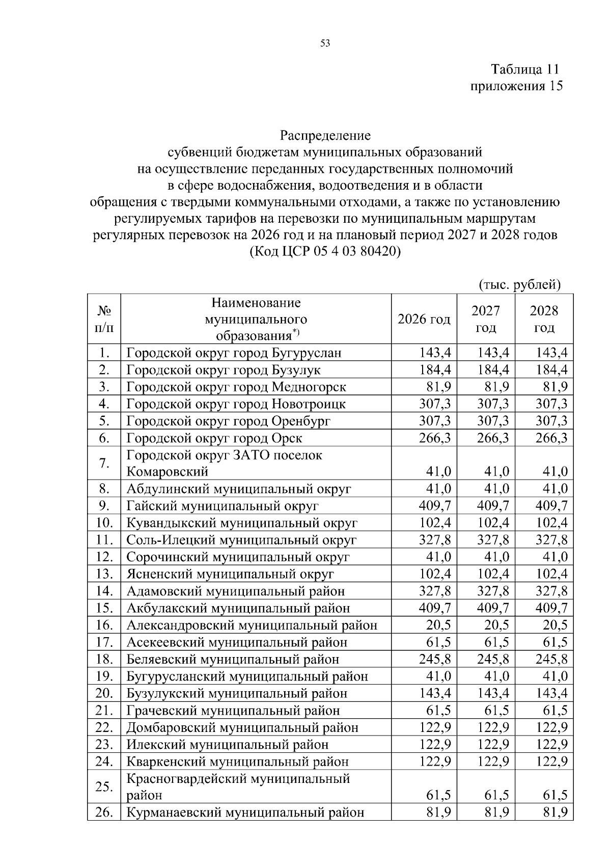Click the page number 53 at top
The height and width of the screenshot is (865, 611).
tap(325, 43)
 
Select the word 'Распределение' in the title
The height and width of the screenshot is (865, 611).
tap(325, 136)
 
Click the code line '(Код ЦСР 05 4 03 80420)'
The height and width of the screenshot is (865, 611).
tap(325, 252)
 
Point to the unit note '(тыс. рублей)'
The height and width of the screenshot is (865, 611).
tap(520, 284)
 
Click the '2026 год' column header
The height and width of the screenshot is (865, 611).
tap(424, 319)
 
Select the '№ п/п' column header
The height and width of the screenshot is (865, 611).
tap(104, 319)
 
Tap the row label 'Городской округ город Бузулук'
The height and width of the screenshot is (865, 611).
tap(224, 370)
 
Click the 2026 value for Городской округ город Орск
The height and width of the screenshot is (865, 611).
tap(435, 438)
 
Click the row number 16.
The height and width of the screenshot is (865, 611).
tap(104, 625)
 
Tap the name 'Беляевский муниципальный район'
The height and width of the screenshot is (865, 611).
tap(233, 660)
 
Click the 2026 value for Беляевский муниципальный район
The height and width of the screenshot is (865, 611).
tap(435, 660)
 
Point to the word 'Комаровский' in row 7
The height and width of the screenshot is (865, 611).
tap(168, 472)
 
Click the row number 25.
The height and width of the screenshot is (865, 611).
tap(104, 787)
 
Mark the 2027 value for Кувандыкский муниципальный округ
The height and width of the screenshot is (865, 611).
tap(493, 523)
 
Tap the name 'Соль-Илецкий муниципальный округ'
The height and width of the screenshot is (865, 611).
tap(241, 540)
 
